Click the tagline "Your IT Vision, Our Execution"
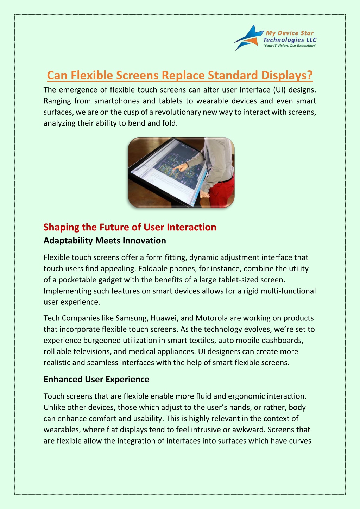click(290, 46)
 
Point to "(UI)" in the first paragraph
click(279, 90)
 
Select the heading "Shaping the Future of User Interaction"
click(130, 227)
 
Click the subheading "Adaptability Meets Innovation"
click(105, 241)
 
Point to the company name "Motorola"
click(211, 318)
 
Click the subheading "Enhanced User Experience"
click(96, 380)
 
